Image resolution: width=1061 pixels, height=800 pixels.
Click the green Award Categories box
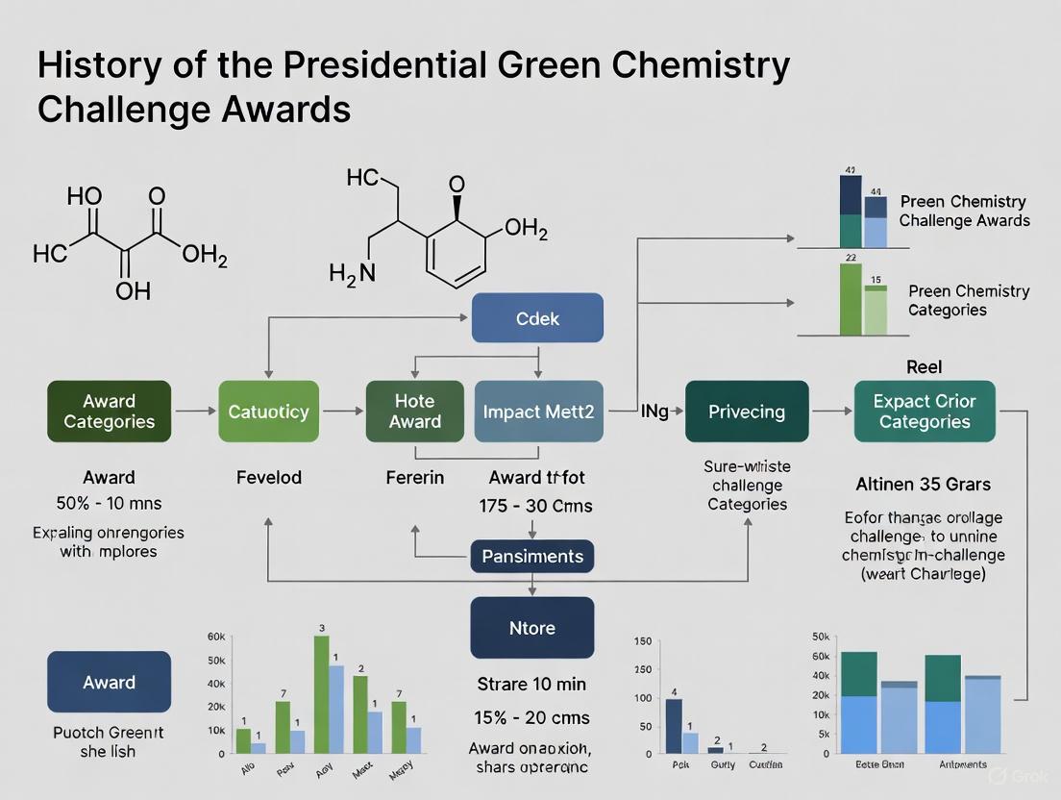tap(109, 412)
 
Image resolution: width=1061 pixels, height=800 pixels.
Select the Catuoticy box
tap(268, 412)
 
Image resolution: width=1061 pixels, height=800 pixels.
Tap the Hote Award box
tap(415, 412)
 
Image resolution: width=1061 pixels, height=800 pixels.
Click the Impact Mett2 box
tap(539, 412)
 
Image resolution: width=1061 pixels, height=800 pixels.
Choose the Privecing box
tap(747, 412)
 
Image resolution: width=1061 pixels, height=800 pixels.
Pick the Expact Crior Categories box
tap(925, 412)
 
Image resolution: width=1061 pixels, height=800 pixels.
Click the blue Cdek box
tap(537, 318)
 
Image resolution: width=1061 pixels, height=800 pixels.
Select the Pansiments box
tap(532, 556)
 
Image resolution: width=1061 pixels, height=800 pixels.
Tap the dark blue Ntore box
tap(531, 628)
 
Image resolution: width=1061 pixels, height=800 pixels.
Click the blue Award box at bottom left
tap(109, 682)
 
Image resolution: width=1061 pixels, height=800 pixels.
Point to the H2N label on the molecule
tap(352, 274)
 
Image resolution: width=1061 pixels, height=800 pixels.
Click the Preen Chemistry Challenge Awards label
tap(964, 211)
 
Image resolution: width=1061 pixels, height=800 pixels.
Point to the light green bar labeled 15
tap(875, 311)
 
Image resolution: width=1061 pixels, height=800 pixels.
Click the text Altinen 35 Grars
tap(923, 484)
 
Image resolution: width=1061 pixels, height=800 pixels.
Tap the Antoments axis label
tap(962, 764)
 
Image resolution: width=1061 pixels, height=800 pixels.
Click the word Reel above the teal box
tap(924, 367)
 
